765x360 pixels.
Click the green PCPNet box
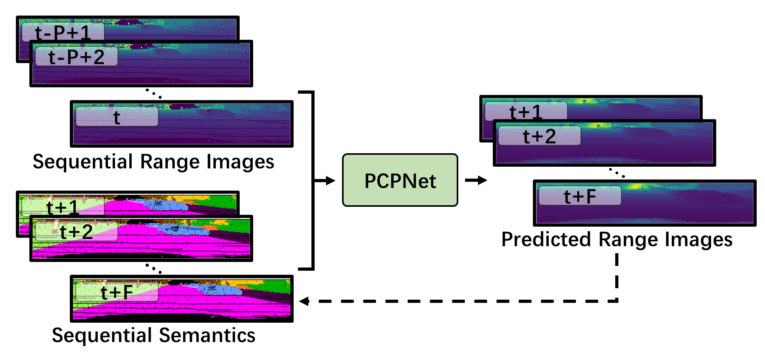click(x=400, y=180)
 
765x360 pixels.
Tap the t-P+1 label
click(x=63, y=32)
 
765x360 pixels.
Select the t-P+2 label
click(x=76, y=57)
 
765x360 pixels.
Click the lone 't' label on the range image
click(x=117, y=117)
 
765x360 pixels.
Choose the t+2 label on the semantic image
click(x=76, y=232)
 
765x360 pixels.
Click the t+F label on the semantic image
click(x=117, y=293)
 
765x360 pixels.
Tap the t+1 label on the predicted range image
click(x=526, y=112)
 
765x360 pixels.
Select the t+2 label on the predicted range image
click(x=539, y=136)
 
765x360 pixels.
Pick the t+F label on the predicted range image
click(x=580, y=196)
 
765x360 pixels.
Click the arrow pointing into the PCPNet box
click(x=327, y=181)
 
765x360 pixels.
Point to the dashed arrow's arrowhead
click(x=304, y=301)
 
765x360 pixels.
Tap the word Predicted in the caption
click(x=546, y=240)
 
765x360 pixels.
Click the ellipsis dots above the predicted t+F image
click(x=617, y=173)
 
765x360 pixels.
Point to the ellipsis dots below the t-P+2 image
click(x=153, y=94)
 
